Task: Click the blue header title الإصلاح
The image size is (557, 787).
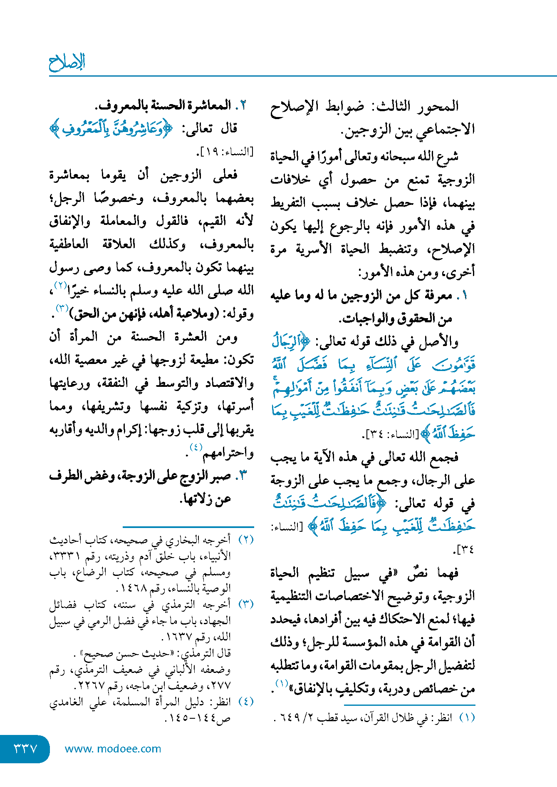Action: coord(67,62)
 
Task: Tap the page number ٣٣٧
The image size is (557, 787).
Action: coord(26,749)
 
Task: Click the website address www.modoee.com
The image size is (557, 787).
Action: coord(113,749)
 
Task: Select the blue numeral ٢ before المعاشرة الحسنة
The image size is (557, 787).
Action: coord(243,105)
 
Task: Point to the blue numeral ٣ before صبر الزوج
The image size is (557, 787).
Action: coord(243,475)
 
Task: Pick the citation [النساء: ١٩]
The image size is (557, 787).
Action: coord(225,152)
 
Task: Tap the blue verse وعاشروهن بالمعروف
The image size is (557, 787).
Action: coord(111,129)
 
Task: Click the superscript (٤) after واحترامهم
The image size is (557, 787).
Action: coord(196,447)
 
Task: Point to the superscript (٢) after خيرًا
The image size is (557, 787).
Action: coord(61,286)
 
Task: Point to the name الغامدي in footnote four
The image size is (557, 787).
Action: coord(66,702)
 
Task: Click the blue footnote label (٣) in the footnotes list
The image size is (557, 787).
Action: coord(246,604)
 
